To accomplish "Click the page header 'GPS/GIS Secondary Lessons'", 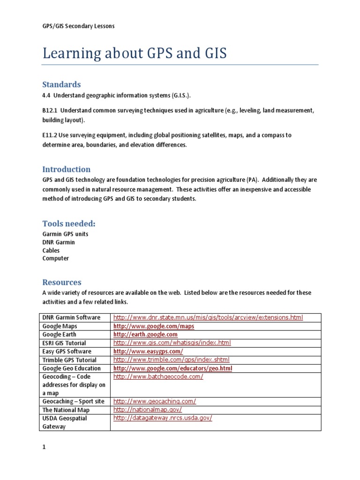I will pos(78,26).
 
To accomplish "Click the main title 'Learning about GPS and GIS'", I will pos(135,53).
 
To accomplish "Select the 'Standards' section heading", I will pos(61,85).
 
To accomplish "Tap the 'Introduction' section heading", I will pos(66,169).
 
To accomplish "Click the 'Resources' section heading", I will pos(61,282).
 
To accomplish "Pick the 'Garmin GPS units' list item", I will pos(65,234).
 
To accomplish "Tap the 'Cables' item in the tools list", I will pos(51,250).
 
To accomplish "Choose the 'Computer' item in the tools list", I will pos(55,258).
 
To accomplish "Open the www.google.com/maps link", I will pos(154,326).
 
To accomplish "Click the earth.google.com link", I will pos(145,335).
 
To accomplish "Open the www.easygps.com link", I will pos(148,352).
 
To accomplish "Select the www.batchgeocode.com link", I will pos(158,377).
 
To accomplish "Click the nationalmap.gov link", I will pos(147,410).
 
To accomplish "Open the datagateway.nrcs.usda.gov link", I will pos(163,418).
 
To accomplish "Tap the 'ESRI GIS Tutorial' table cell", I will pos(64,343).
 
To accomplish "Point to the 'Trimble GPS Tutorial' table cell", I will pos(69,360).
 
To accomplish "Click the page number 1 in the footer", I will pos(44,447).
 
